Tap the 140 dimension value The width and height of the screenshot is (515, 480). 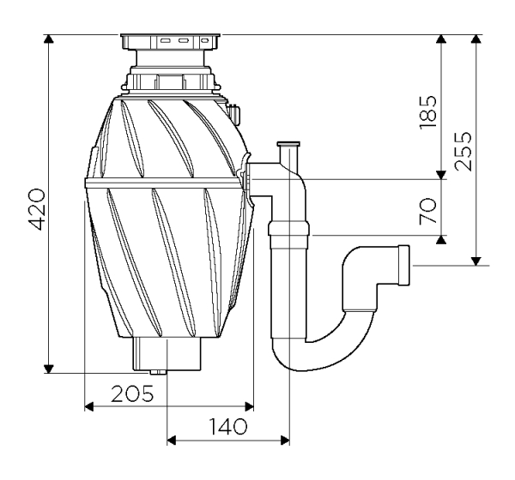227,426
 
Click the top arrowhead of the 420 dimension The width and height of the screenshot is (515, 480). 50,40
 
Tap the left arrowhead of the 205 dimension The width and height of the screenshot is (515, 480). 89,405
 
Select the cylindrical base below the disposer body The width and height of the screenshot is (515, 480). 167,351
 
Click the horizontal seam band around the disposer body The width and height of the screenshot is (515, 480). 163,182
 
